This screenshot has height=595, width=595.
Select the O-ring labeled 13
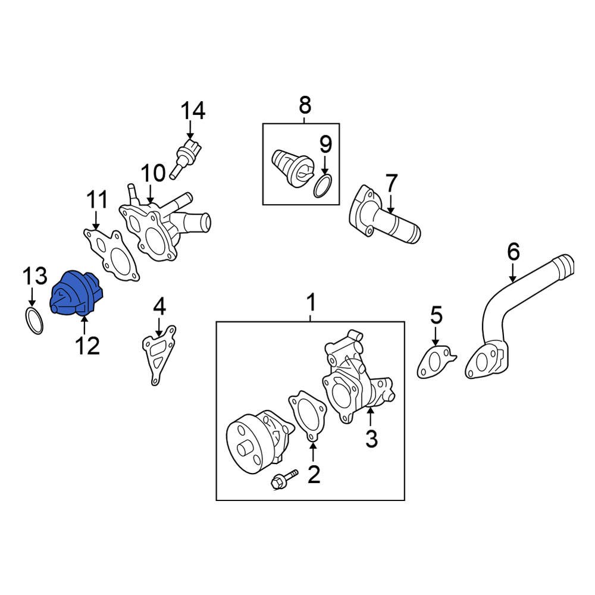35,321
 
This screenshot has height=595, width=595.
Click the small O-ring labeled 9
322,186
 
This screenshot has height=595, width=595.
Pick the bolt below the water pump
284,479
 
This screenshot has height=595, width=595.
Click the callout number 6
513,252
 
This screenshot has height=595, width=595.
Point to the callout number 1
311,304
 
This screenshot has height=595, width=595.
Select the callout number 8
304,105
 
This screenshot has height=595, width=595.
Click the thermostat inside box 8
290,167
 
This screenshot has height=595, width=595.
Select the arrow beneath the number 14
189,129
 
